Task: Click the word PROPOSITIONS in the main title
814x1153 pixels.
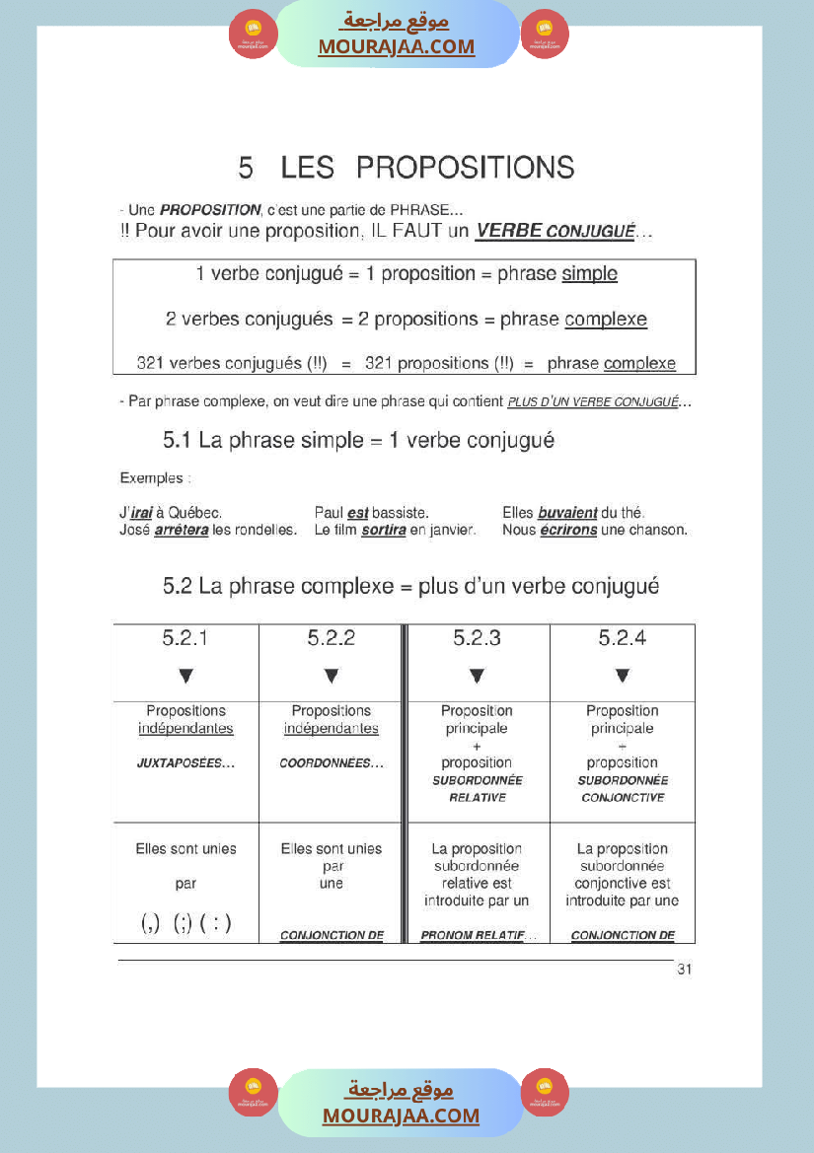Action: coord(465,168)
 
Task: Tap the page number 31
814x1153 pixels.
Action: coord(685,970)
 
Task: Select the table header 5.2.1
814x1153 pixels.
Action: coord(185,639)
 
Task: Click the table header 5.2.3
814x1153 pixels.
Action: coord(477,639)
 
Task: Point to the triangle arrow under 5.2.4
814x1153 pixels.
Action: coord(623,677)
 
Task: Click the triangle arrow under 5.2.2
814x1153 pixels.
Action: coord(332,677)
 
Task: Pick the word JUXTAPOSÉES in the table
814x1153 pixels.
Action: coord(185,763)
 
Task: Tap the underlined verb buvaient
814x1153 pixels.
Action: coord(567,513)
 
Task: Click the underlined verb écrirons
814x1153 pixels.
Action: coord(568,531)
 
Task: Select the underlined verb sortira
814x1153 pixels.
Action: coord(384,531)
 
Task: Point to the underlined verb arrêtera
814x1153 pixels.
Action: coord(182,531)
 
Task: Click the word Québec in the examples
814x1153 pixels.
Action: coord(195,513)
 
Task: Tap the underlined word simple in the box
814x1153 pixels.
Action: coord(589,274)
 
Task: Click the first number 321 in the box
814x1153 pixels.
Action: coord(150,364)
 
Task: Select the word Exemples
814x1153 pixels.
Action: coord(151,478)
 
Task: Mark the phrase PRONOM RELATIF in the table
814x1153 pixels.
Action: coord(472,935)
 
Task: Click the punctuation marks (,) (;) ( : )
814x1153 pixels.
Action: coord(186,924)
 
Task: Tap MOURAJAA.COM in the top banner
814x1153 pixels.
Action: coord(396,46)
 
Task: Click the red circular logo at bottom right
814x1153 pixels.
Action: coord(545,1091)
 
